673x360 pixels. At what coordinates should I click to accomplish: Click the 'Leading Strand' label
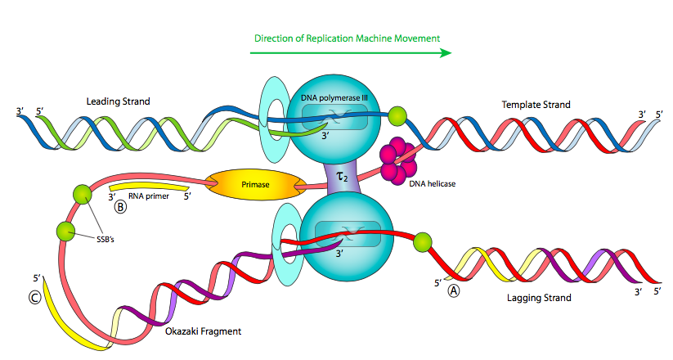[119, 101]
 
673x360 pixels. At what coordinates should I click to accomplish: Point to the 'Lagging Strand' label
[539, 298]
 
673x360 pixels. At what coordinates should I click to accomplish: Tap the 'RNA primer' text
[155, 196]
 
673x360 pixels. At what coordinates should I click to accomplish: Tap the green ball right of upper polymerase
[397, 115]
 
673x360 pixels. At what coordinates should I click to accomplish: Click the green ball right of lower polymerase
[422, 242]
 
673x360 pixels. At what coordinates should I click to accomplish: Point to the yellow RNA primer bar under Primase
[155, 185]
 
